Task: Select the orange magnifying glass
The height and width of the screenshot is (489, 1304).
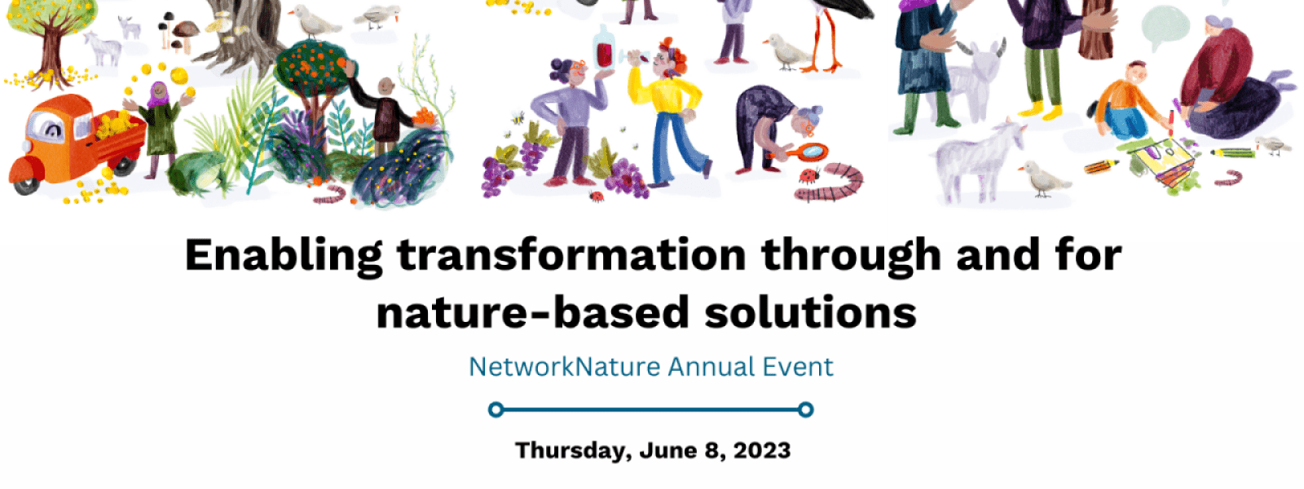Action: click(x=810, y=152)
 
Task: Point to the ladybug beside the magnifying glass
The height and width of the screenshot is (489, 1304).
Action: click(x=808, y=175)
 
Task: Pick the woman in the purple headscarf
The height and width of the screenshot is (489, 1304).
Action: click(x=161, y=118)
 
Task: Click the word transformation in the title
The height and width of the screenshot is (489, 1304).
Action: click(x=571, y=255)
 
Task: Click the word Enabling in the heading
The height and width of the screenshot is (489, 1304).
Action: click(x=284, y=255)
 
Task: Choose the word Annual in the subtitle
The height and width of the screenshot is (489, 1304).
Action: click(x=711, y=367)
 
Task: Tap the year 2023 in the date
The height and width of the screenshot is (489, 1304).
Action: click(x=761, y=451)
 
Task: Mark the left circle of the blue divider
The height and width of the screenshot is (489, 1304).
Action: click(x=496, y=410)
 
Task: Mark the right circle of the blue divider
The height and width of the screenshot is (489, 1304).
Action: click(x=805, y=410)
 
